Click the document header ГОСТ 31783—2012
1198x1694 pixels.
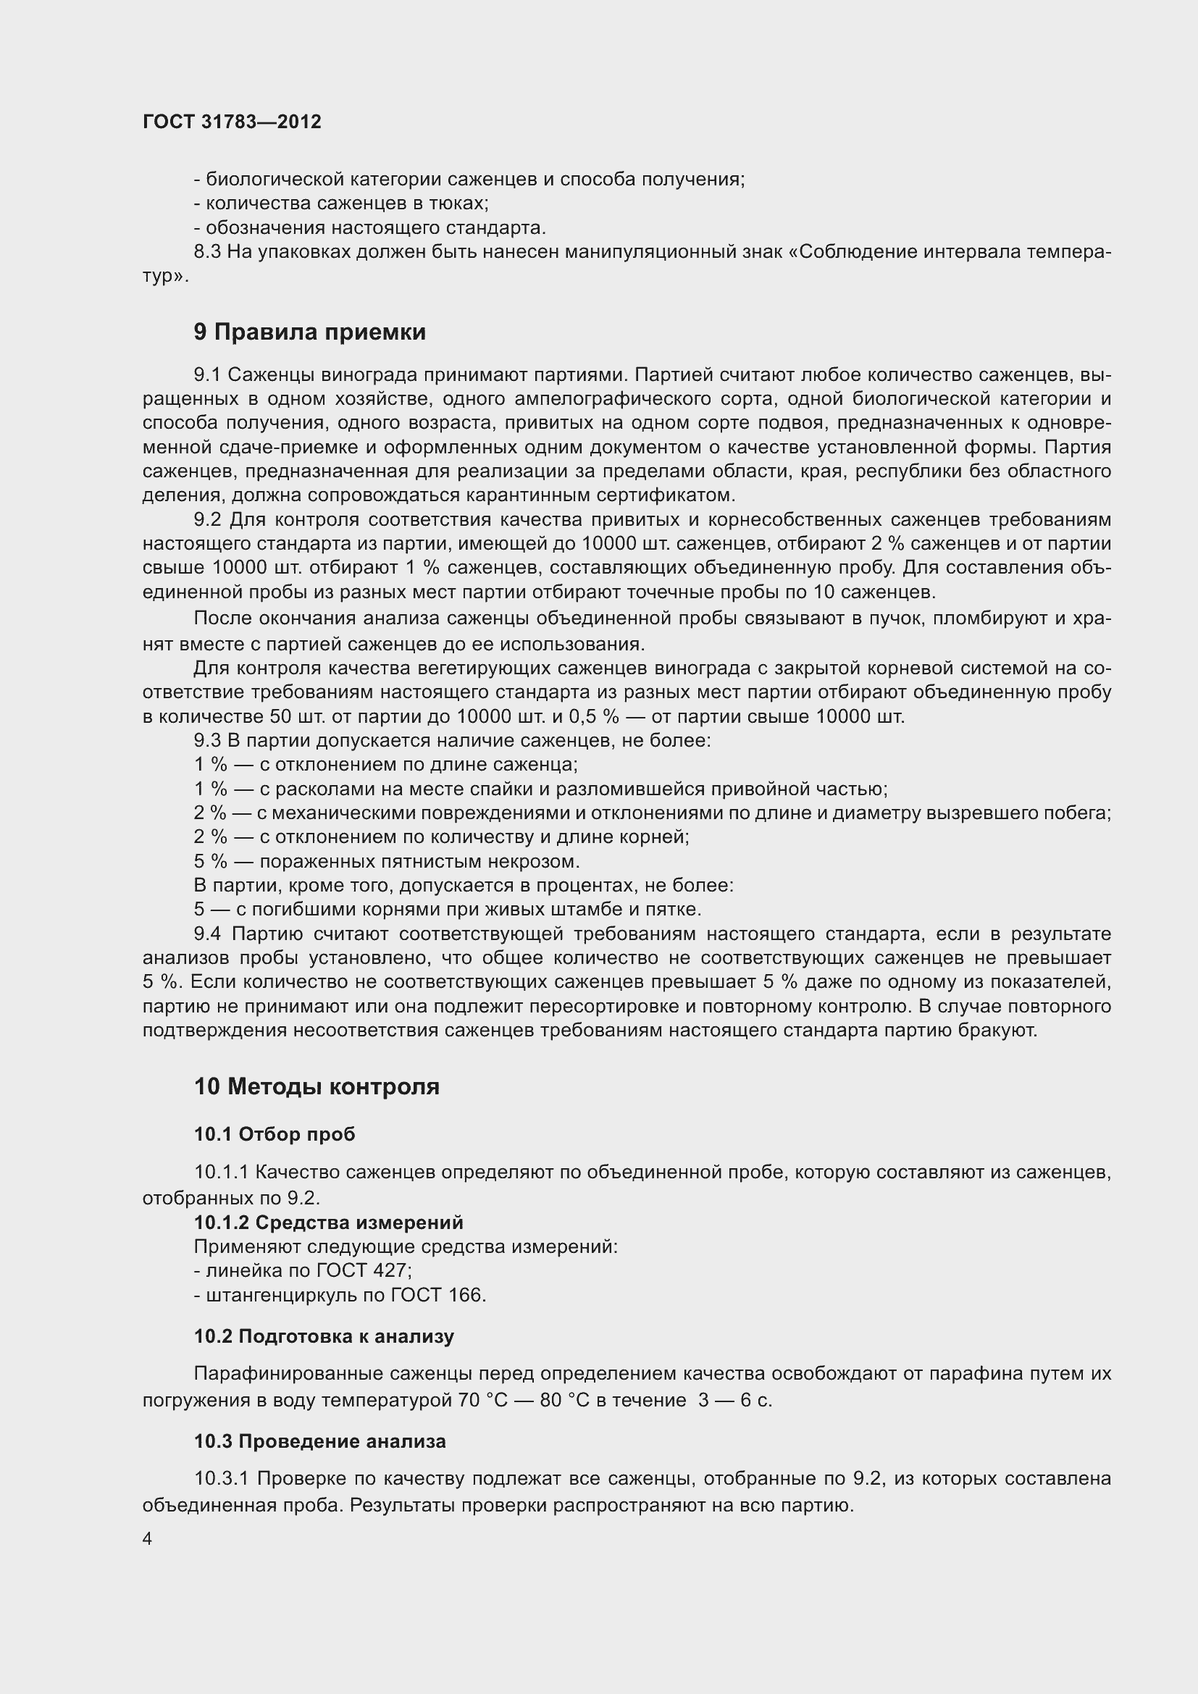click(232, 122)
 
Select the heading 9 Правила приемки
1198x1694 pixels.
click(310, 332)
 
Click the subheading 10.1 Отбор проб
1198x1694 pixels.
click(275, 1134)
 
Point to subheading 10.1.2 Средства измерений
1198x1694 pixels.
click(328, 1223)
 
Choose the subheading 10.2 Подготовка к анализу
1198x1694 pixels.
click(324, 1336)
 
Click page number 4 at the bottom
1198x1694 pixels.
click(148, 1539)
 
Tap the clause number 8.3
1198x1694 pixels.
click(207, 251)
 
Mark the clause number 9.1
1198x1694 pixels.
click(207, 375)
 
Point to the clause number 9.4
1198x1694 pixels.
click(207, 934)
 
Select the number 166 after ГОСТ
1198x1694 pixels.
click(464, 1295)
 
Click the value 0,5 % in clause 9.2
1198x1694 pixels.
click(594, 716)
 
